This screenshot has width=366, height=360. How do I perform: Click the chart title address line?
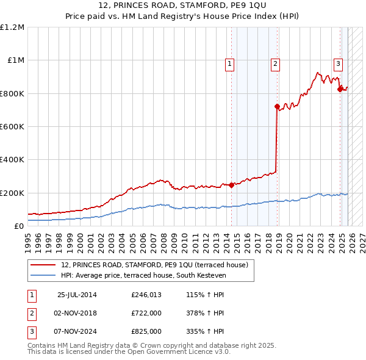coord(183,5)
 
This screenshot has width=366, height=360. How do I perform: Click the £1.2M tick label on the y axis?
coord(12,27)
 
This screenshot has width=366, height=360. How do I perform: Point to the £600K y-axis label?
coord(12,127)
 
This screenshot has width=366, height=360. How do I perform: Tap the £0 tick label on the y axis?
coord(20,226)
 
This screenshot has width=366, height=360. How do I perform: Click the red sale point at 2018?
coord(277,106)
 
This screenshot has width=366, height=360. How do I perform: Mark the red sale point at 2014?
coord(232,185)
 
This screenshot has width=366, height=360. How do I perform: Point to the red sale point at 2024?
coord(340,89)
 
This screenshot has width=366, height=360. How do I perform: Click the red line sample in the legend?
coord(44,265)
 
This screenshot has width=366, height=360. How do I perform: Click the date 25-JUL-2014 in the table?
coord(77,295)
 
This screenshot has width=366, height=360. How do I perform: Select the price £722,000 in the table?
coord(146,313)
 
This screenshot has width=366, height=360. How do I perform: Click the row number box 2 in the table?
coord(31,313)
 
